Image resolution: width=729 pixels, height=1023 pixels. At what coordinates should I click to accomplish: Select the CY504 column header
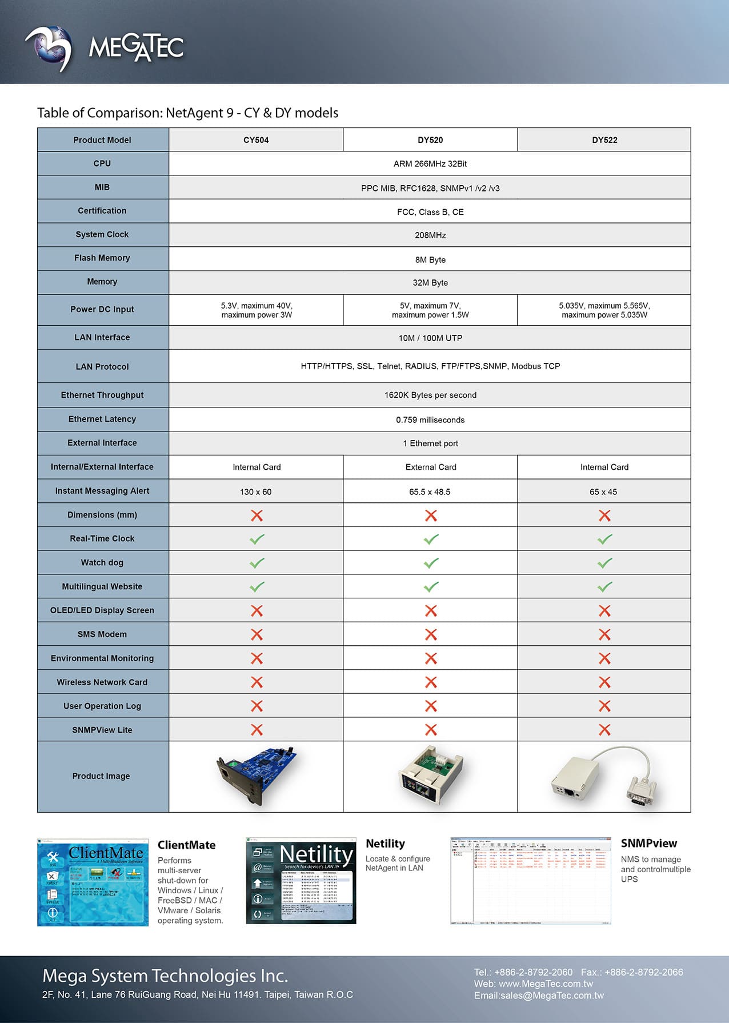point(256,140)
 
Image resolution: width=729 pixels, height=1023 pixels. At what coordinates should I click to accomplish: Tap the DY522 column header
point(604,140)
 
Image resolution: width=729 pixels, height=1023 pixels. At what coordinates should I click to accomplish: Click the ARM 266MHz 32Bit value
point(430,164)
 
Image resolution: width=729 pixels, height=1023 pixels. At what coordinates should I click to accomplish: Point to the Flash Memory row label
point(102,258)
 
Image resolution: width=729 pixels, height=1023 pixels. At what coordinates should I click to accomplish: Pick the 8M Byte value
point(430,260)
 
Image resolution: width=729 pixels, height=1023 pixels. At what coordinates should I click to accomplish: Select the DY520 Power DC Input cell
point(430,310)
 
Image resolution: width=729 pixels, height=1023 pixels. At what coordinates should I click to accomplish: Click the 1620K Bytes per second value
point(430,395)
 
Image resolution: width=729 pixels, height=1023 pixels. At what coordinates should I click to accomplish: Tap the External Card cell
point(431,467)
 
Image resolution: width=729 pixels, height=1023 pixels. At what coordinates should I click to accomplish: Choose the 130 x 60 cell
point(256,492)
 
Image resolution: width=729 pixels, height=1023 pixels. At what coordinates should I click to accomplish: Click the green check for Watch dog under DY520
point(431,563)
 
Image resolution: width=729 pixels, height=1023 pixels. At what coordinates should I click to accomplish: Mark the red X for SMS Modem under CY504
point(257,635)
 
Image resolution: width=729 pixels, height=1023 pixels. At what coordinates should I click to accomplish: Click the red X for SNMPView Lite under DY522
point(604,730)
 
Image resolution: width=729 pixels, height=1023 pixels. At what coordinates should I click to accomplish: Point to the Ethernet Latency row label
point(102,419)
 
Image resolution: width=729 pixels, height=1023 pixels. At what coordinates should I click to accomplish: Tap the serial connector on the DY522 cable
point(640,792)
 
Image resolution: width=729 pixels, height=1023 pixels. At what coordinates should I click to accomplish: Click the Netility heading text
point(385,844)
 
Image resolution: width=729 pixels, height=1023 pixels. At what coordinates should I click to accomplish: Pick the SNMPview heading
point(648,844)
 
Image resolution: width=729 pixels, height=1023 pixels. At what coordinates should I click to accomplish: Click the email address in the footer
point(539,996)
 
